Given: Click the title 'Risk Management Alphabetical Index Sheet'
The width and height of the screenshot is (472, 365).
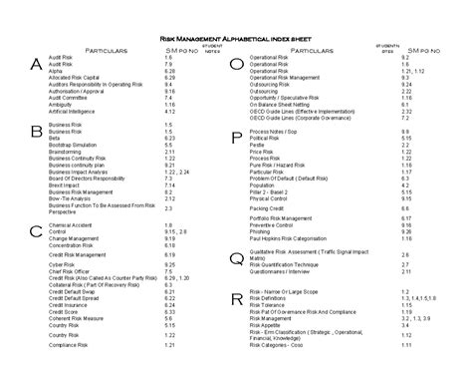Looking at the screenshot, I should click(x=236, y=35).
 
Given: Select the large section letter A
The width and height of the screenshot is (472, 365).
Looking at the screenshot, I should click(x=37, y=65).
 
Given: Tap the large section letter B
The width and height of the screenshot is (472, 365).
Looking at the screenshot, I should click(x=37, y=131).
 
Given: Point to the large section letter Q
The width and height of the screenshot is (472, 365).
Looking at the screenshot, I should click(x=236, y=258).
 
